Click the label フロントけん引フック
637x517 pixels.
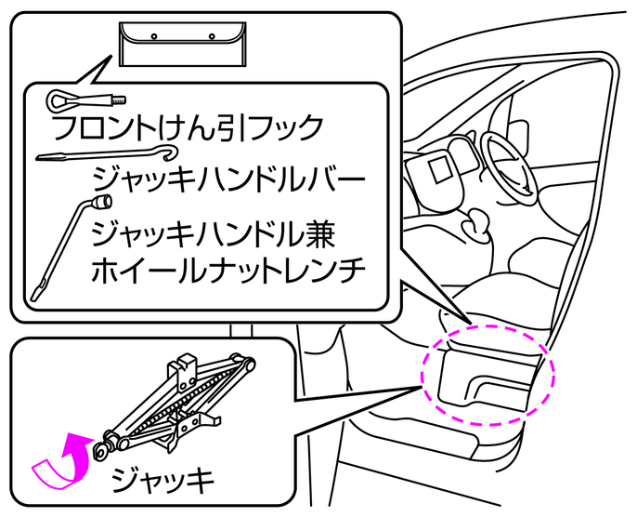[x=186, y=126]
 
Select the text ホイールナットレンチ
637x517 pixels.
[x=228, y=270]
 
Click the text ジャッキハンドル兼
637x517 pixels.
[x=215, y=228]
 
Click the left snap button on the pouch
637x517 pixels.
[x=155, y=36]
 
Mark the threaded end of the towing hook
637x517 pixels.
[x=118, y=98]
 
